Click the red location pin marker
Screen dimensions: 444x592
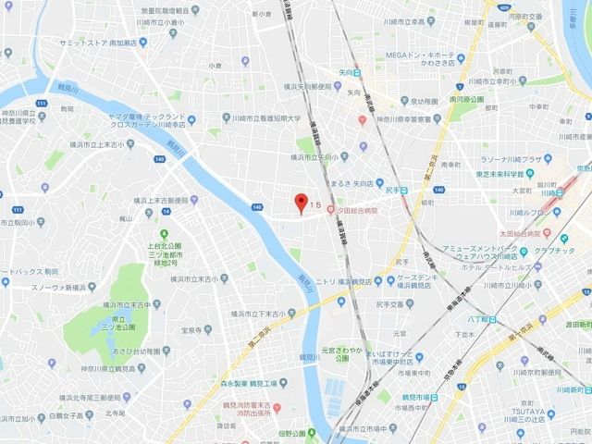299,203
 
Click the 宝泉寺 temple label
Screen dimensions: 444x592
191,328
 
